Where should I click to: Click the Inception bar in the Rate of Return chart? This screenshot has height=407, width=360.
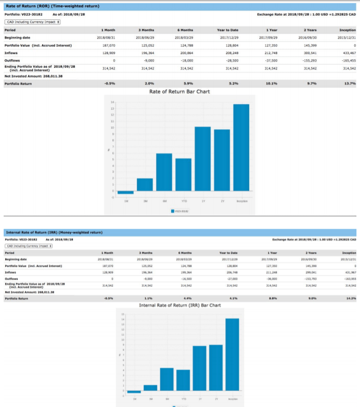pyautogui.click(x=241, y=148)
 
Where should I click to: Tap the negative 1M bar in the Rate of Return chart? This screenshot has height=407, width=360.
pyautogui.click(x=125, y=193)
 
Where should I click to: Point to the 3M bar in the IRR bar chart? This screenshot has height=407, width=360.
pyautogui.click(x=150, y=387)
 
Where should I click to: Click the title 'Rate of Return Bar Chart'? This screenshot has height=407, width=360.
pyautogui.click(x=179, y=91)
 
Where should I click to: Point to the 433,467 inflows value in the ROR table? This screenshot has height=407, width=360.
pyautogui.click(x=349, y=53)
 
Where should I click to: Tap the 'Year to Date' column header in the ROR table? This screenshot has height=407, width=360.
pyautogui.click(x=228, y=30)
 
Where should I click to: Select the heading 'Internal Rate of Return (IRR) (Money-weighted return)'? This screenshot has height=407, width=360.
pyautogui.click(x=54, y=231)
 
